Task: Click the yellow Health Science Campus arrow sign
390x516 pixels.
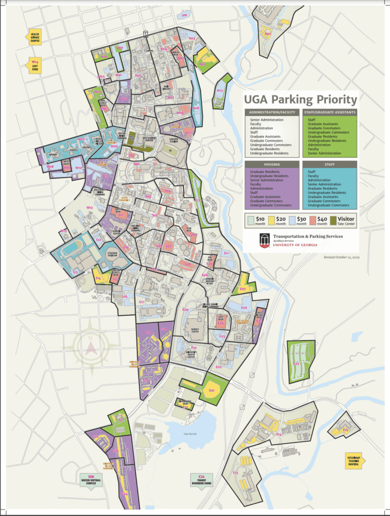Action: point(34,38)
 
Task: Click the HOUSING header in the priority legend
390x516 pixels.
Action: point(272,164)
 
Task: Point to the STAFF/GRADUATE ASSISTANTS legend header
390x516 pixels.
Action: point(330,112)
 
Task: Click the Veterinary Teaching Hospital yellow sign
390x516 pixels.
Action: point(353,461)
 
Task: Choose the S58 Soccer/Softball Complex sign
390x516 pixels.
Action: point(91,479)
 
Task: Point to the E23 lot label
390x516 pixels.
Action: point(296,363)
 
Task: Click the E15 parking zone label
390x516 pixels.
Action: point(345,430)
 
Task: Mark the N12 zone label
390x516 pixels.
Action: point(220,90)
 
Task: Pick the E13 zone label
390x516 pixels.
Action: point(235,472)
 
